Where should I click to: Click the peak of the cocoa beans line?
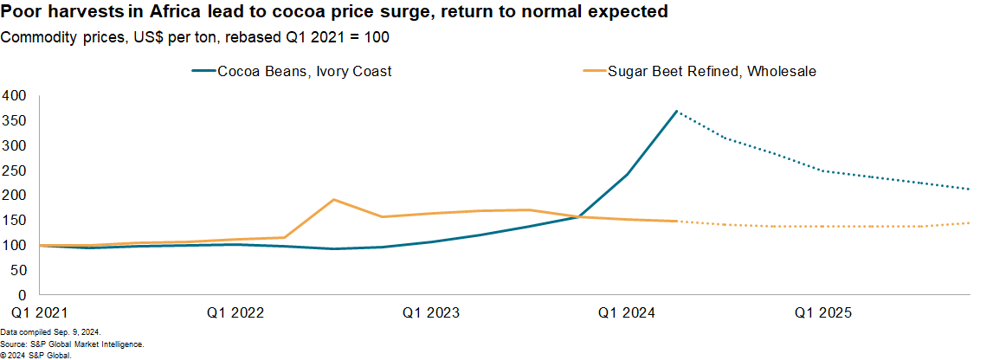pyautogui.click(x=675, y=111)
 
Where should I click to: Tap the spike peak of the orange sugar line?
pyautogui.click(x=334, y=200)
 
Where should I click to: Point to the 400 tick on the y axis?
pyautogui.click(x=15, y=95)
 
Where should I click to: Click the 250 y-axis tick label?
pyautogui.click(x=15, y=170)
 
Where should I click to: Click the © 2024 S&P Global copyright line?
pyautogui.click(x=36, y=354)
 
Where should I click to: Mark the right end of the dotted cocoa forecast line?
pyautogui.click(x=969, y=189)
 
